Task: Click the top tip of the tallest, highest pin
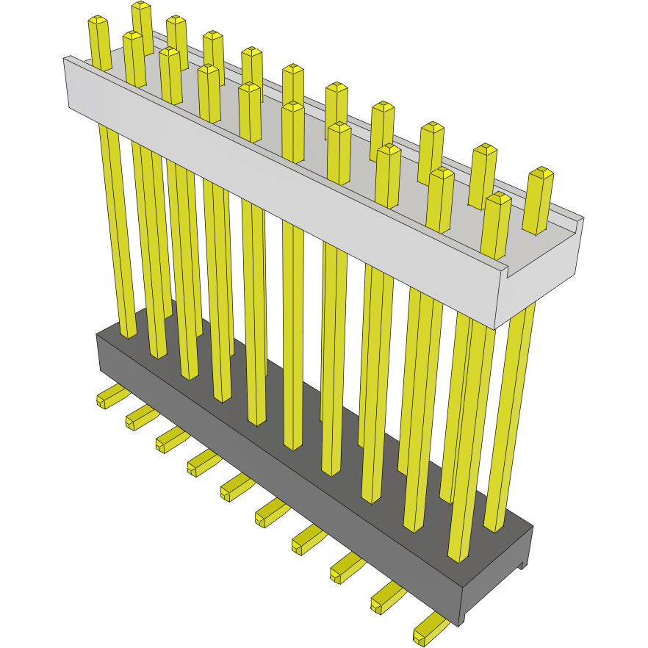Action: click(x=141, y=7)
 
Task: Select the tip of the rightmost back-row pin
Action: click(x=541, y=173)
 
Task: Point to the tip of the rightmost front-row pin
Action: click(x=497, y=199)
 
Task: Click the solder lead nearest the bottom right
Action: click(x=429, y=632)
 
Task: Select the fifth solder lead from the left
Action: click(x=235, y=486)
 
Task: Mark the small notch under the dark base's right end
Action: click(x=523, y=565)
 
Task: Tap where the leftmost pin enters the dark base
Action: click(x=128, y=334)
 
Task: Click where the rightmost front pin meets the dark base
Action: click(x=458, y=558)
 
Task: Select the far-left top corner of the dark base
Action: click(x=97, y=335)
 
